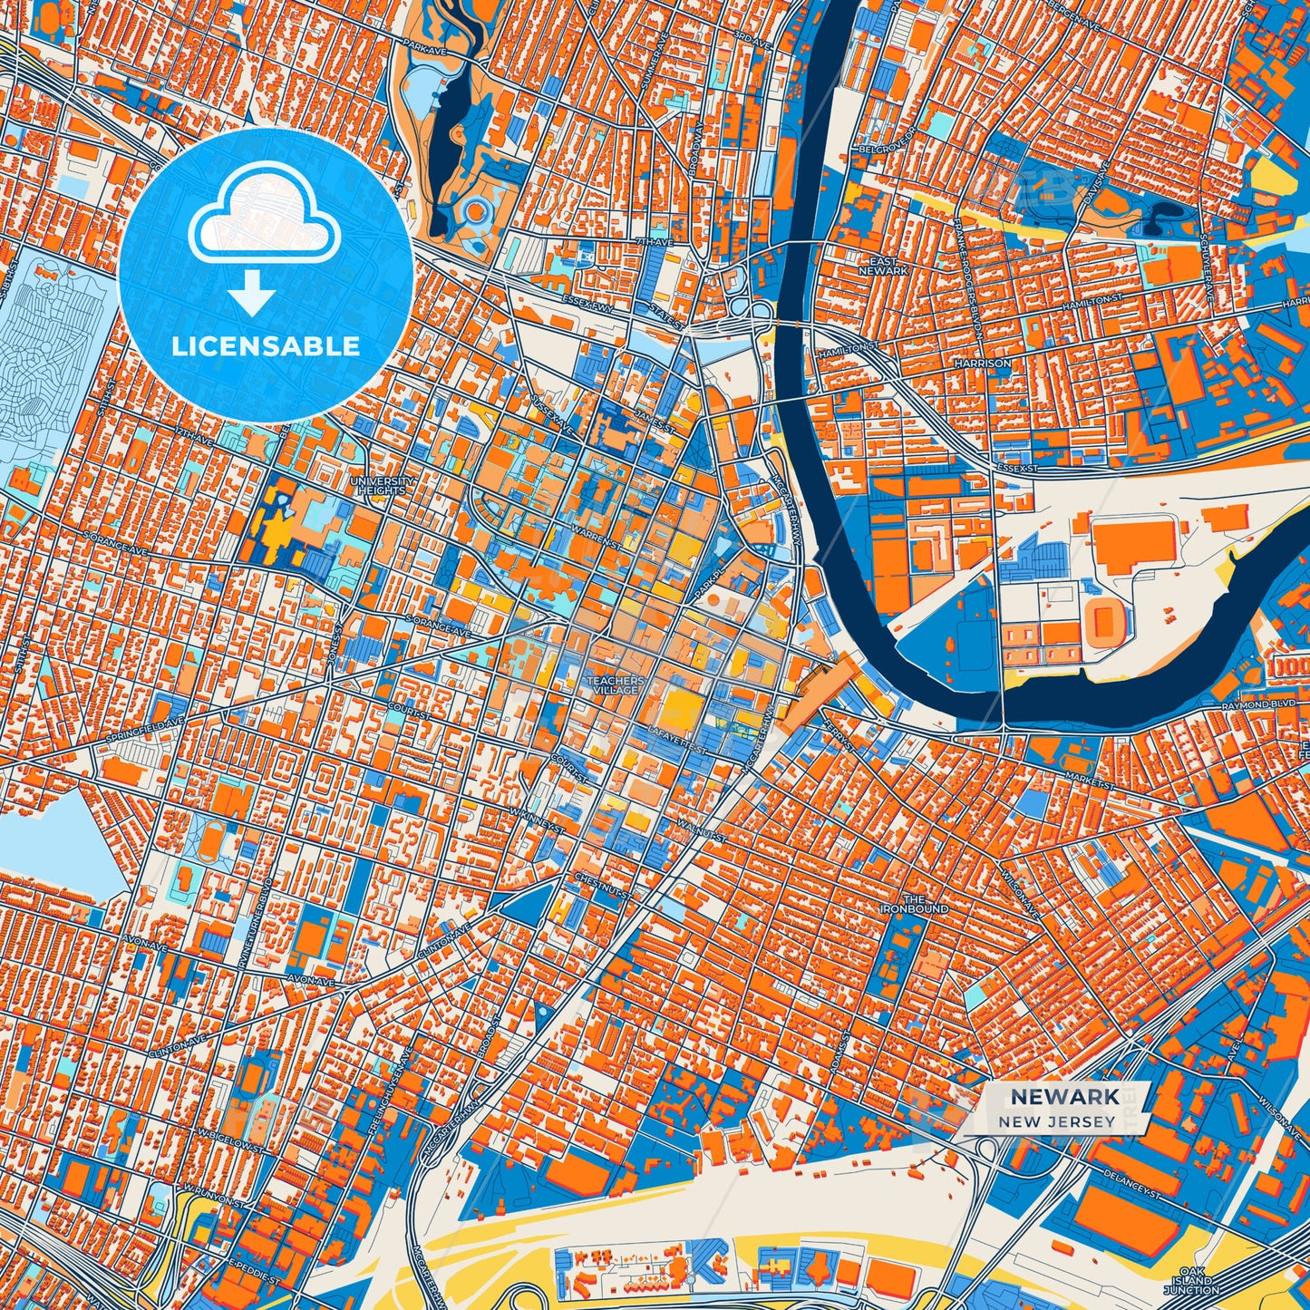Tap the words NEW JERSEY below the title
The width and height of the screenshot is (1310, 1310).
click(x=1057, y=1121)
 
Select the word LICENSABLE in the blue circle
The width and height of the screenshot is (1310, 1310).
click(x=267, y=345)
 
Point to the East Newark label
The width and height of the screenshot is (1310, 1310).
click(x=882, y=266)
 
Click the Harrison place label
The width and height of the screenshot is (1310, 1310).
click(x=982, y=363)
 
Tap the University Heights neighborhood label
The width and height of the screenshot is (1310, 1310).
click(x=382, y=485)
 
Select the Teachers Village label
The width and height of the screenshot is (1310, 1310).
click(x=616, y=685)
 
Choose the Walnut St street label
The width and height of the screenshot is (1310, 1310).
click(x=701, y=830)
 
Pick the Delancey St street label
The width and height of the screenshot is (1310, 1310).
click(x=1130, y=1180)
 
